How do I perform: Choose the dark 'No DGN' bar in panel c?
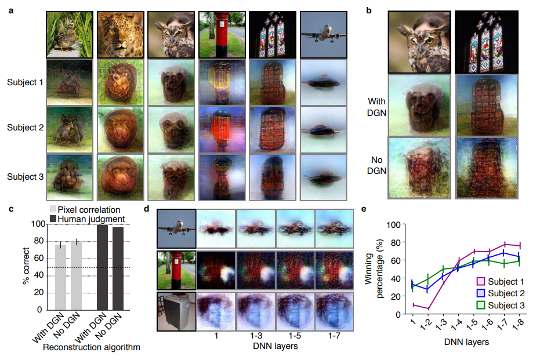pyautogui.click(x=118, y=270)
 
